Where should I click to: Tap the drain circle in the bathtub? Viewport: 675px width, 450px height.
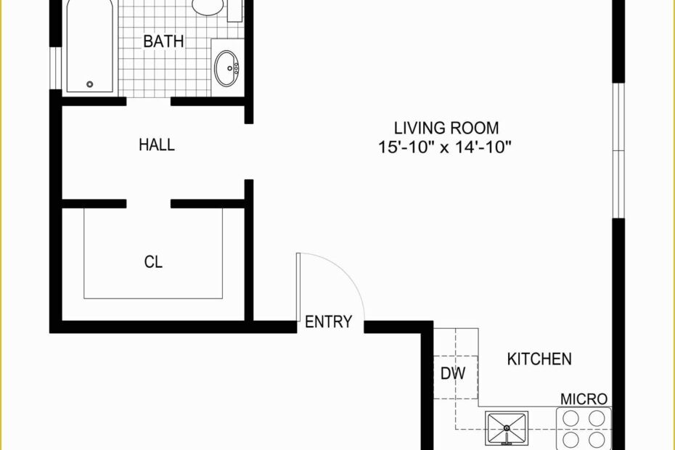coord(90,84)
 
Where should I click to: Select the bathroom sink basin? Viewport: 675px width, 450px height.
coord(226,67)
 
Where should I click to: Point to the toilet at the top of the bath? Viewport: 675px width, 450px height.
coord(208,7)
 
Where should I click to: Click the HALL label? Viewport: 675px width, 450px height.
coord(157,145)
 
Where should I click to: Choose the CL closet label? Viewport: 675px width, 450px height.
coord(153,262)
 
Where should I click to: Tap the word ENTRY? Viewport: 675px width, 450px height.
coord(328,322)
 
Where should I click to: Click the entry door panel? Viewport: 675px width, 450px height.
coord(298,287)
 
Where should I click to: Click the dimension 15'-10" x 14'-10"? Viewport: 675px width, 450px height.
coord(446,147)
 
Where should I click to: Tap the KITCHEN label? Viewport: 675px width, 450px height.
coord(539,359)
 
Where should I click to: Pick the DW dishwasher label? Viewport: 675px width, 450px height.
coord(453,374)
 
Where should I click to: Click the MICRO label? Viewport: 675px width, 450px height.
coord(584,398)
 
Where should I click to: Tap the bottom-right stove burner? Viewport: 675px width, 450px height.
coord(597,440)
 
